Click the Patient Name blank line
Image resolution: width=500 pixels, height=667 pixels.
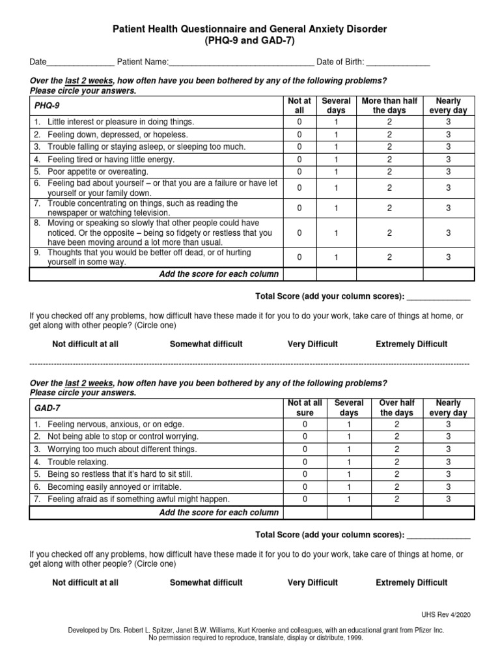click(241, 63)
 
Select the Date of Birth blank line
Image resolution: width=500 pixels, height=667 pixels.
click(398, 63)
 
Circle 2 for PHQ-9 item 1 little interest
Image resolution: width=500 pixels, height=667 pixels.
click(389, 122)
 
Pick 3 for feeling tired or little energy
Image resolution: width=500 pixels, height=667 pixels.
click(448, 160)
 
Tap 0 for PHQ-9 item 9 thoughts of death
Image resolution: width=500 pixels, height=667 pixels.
click(299, 257)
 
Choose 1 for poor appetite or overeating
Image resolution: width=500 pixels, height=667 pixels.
click(337, 172)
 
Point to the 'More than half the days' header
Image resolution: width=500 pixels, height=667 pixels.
click(389, 106)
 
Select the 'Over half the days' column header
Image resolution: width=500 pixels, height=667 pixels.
click(396, 408)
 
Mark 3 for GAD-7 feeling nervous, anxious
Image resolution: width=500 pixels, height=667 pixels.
click(448, 424)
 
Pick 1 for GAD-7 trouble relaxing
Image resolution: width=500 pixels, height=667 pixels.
click(349, 462)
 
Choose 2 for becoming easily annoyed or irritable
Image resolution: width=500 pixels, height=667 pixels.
click(396, 487)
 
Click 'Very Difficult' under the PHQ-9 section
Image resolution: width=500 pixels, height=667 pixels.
click(312, 344)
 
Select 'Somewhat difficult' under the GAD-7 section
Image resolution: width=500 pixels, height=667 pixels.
click(206, 582)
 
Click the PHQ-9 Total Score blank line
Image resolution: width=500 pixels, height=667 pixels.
click(437, 297)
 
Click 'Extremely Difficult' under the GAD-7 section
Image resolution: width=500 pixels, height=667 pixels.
click(411, 582)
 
